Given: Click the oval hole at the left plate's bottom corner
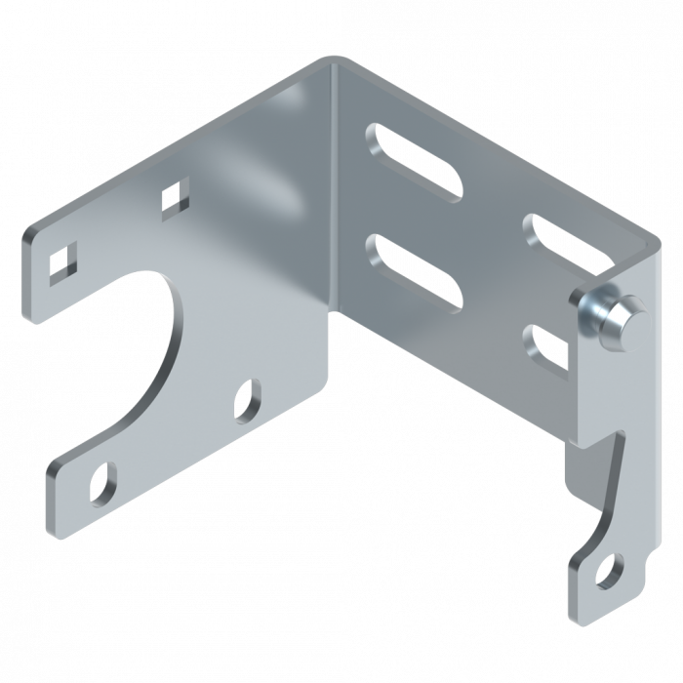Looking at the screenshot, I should [x=101, y=480].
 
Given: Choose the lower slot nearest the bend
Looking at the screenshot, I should [x=414, y=273].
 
